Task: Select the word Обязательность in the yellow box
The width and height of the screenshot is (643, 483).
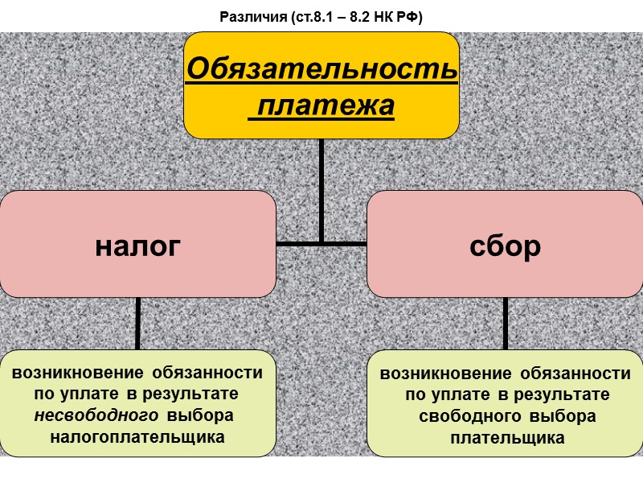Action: click(321, 70)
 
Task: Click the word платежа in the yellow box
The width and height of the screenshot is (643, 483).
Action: click(321, 105)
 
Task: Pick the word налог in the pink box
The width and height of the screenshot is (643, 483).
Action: click(137, 245)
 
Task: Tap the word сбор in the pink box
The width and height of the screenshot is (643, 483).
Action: click(505, 246)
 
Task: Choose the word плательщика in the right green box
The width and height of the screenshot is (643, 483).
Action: click(507, 438)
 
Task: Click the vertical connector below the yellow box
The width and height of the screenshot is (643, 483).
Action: click(321, 189)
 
